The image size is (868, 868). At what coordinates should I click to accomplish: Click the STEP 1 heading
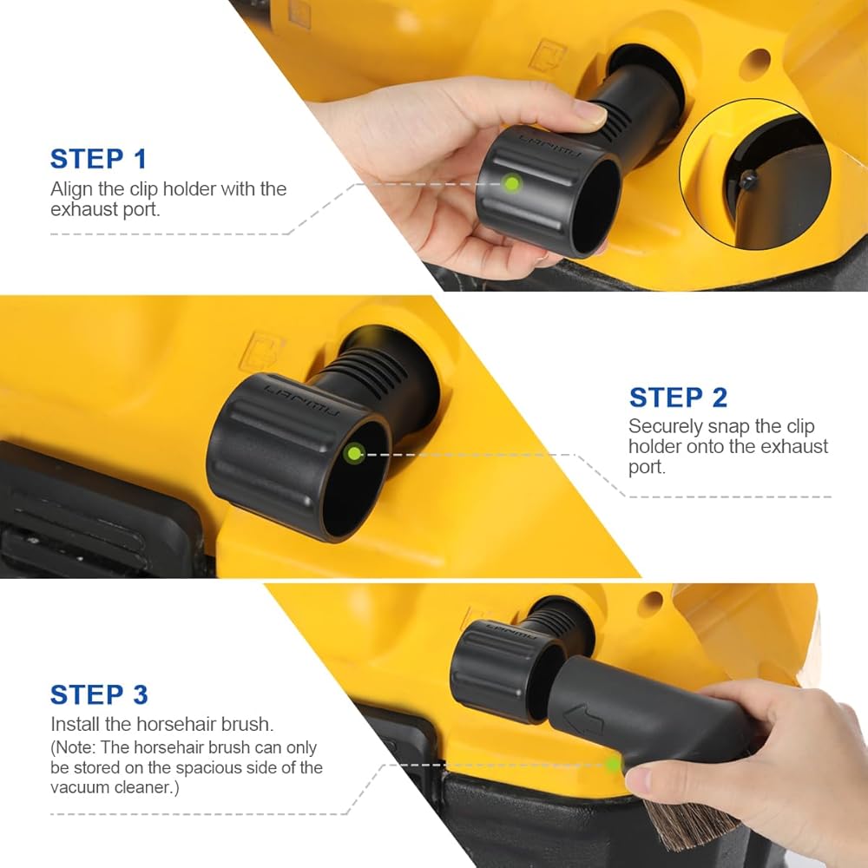click(99, 159)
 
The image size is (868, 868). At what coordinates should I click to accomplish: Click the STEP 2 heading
click(678, 398)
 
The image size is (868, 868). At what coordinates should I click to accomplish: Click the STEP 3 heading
click(99, 694)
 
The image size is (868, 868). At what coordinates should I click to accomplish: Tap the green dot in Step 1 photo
click(512, 183)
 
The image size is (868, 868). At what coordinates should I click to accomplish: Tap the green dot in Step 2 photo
click(354, 454)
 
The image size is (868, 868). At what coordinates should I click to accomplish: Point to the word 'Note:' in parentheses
click(77, 747)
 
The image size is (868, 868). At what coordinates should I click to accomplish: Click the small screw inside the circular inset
click(750, 178)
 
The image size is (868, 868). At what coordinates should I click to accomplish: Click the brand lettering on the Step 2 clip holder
click(303, 400)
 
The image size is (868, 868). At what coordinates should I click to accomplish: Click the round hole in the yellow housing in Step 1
click(758, 61)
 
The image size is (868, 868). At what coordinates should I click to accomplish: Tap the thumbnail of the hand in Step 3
click(638, 780)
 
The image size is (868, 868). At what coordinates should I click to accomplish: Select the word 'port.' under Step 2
click(648, 468)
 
